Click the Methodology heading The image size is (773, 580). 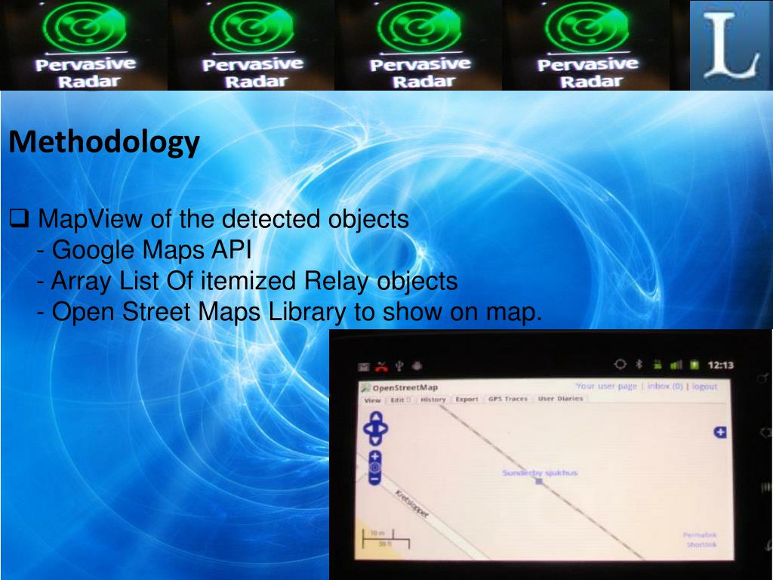click(x=104, y=142)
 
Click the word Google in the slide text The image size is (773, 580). click(x=90, y=250)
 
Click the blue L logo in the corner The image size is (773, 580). click(x=731, y=45)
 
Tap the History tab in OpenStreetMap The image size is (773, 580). click(x=433, y=400)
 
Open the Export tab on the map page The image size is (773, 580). click(x=467, y=400)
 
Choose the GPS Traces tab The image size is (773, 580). click(x=507, y=399)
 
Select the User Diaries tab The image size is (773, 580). click(x=560, y=399)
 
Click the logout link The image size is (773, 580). click(x=704, y=387)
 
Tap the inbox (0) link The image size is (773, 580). click(x=665, y=387)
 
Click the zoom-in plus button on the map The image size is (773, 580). click(x=375, y=457)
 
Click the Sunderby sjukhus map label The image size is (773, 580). click(x=540, y=473)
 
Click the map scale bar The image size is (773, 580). click(x=385, y=538)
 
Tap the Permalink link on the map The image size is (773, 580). click(x=700, y=535)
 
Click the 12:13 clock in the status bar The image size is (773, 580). click(x=720, y=366)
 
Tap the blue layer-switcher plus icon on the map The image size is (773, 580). click(x=720, y=433)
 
